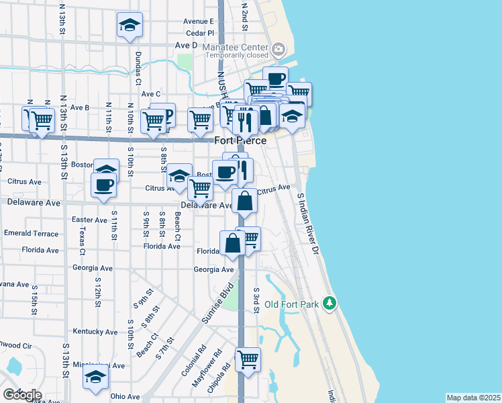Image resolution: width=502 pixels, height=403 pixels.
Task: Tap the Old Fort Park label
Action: pyautogui.click(x=291, y=304)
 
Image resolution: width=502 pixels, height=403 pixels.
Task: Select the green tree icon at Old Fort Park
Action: pyautogui.click(x=329, y=304)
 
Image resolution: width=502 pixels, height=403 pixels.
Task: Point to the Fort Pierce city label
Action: pyautogui.click(x=240, y=140)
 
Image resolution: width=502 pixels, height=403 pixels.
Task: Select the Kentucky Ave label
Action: pyautogui.click(x=95, y=332)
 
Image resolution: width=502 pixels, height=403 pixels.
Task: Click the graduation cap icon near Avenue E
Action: pyautogui.click(x=130, y=26)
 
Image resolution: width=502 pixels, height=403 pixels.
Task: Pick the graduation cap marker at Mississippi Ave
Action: pyautogui.click(x=95, y=376)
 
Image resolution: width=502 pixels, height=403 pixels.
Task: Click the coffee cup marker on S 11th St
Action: pyautogui.click(x=103, y=185)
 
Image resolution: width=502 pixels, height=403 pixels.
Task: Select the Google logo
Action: pyautogui.click(x=21, y=394)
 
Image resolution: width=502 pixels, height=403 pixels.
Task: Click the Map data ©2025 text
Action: pyautogui.click(x=473, y=398)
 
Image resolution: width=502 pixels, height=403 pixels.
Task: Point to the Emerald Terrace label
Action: pyautogui.click(x=31, y=233)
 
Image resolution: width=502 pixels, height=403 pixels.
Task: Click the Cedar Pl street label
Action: pyautogui.click(x=199, y=32)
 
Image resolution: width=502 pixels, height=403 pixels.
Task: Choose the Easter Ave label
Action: pyautogui.click(x=89, y=220)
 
